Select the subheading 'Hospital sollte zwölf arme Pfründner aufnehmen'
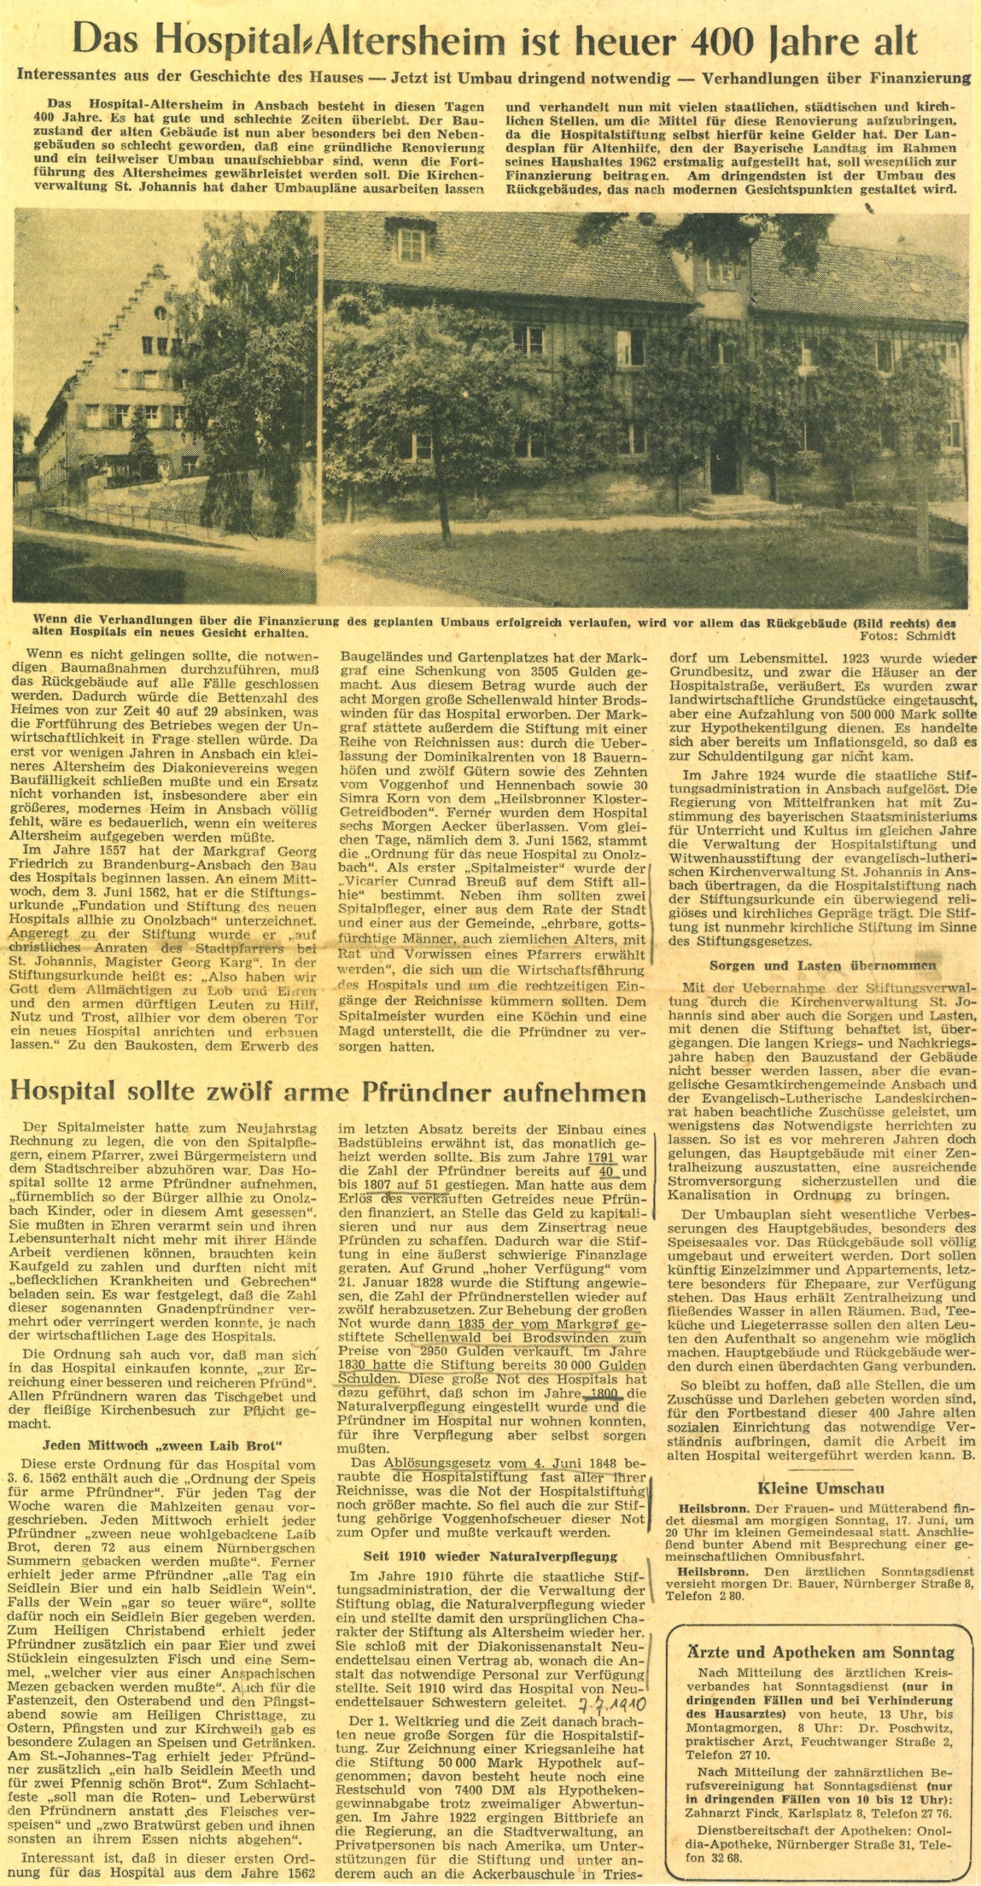[330, 1091]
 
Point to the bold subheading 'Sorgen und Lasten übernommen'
[823, 966]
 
